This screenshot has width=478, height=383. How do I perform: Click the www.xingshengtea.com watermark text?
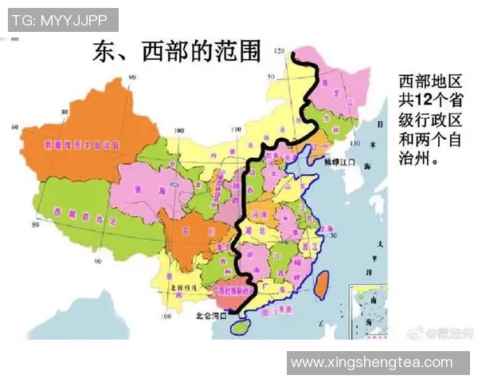coord(371,362)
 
